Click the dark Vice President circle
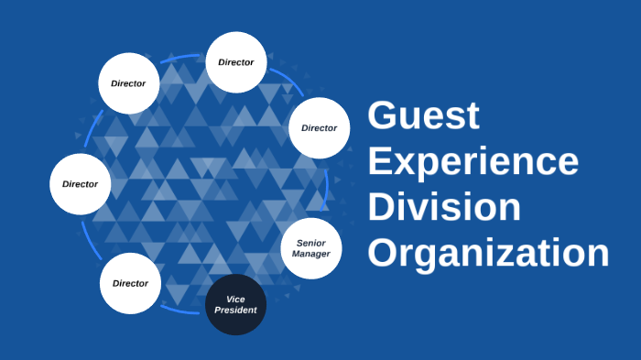[235, 304]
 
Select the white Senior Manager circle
[310, 247]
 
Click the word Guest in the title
[423, 117]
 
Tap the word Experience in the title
[473, 162]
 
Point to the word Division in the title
[443, 207]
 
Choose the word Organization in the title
[487, 252]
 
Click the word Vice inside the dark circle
[235, 299]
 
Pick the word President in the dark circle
[235, 310]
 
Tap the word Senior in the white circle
[310, 242]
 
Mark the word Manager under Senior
[310, 253]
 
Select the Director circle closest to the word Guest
[319, 127]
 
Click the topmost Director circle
[235, 62]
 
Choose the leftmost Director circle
[80, 183]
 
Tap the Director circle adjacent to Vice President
[130, 283]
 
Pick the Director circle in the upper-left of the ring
[128, 83]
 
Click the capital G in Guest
[383, 117]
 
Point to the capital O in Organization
[384, 252]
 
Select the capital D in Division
[382, 207]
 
